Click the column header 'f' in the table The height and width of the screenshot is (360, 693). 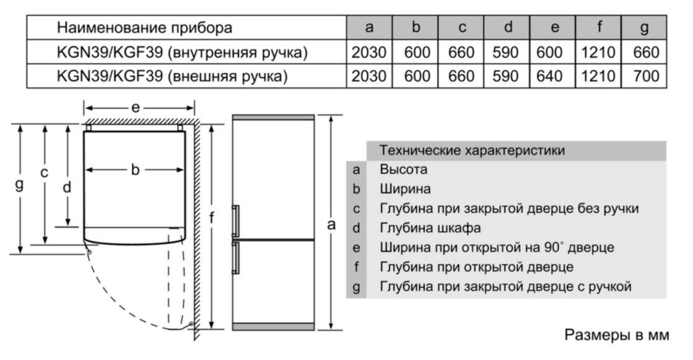pos(599,27)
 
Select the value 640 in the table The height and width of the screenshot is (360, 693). pos(549,76)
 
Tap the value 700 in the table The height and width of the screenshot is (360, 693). pos(646,76)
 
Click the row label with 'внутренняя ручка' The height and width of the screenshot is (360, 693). pos(182,52)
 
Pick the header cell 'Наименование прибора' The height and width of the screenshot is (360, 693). pos(144,27)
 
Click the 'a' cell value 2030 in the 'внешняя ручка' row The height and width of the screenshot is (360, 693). pos(369,76)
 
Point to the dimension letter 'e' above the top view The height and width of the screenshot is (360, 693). pos(136,107)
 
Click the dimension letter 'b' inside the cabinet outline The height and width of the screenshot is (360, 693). pos(135,169)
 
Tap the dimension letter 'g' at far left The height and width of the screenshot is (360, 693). pos(19,183)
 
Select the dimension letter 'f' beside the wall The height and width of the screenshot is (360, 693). pos(212,217)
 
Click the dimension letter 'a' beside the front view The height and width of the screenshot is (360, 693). pos(331,225)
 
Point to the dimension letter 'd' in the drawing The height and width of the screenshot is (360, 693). pos(67,187)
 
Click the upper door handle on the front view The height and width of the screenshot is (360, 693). pos(235,221)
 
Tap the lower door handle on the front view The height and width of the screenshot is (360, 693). pos(235,258)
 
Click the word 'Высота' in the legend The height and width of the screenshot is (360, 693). pos(404,169)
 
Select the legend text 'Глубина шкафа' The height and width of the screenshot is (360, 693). pos(430,228)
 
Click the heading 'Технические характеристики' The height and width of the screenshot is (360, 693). pos(472,151)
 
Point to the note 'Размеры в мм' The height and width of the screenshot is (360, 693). pos(617,335)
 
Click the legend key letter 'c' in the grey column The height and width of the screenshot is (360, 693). pos(356,208)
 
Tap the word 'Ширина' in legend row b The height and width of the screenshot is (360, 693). pos(405,189)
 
